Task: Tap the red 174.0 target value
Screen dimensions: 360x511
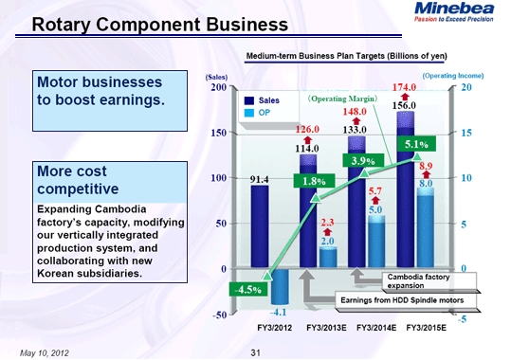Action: [x=406, y=87]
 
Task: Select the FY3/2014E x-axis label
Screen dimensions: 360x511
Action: [x=378, y=328]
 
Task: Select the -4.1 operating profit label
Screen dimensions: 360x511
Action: [x=279, y=311]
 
